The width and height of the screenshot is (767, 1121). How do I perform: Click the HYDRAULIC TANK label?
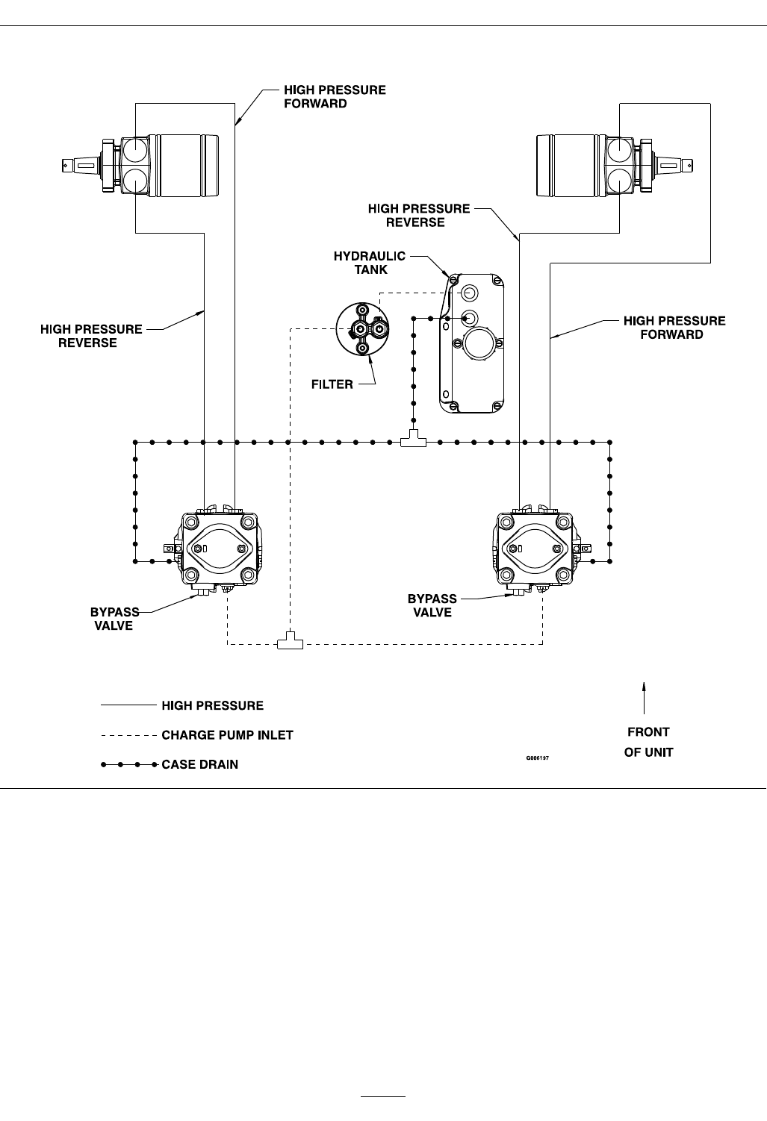tap(369, 263)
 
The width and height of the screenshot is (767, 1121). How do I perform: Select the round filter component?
tap(362, 329)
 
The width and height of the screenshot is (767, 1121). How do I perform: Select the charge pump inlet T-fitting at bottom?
tap(290, 642)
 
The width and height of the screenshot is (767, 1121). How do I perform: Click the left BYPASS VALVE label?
tap(114, 619)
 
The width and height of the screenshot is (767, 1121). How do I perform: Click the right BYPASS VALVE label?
tap(432, 605)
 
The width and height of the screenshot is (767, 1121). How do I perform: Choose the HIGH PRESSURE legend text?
tap(212, 705)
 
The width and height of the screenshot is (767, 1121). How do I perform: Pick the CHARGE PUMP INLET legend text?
tap(227, 735)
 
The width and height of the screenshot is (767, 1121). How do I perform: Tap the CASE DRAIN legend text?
tap(199, 764)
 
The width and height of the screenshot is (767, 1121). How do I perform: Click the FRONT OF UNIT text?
tap(648, 742)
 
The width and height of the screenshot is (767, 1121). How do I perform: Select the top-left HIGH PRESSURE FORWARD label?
tap(335, 96)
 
